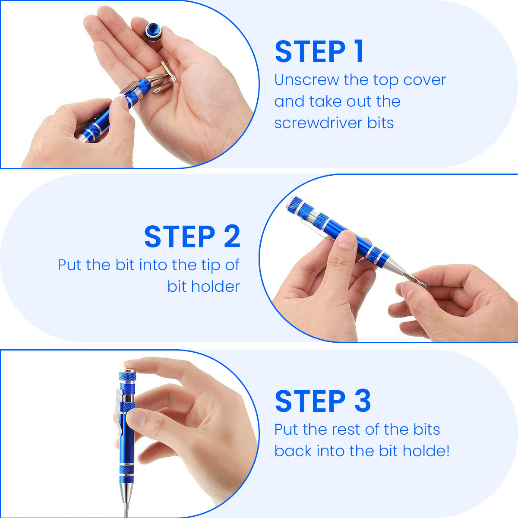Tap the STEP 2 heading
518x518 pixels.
pyautogui.click(x=192, y=236)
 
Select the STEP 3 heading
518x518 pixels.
pyautogui.click(x=323, y=401)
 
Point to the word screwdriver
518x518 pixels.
pyautogui.click(x=318, y=123)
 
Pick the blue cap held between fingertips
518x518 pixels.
pyautogui.click(x=153, y=32)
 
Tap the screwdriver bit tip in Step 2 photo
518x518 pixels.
pyautogui.click(x=415, y=280)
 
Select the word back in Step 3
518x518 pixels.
pyautogui.click(x=293, y=451)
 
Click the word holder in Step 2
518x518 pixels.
pyautogui.click(x=215, y=286)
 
